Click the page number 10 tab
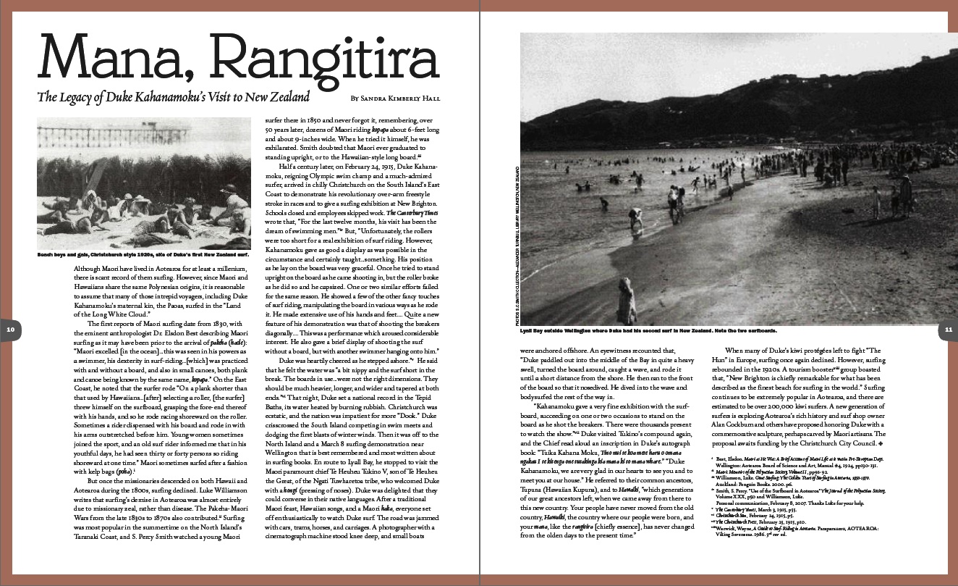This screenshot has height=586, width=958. pos(10,330)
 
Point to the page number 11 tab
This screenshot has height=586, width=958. pos(948,330)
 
